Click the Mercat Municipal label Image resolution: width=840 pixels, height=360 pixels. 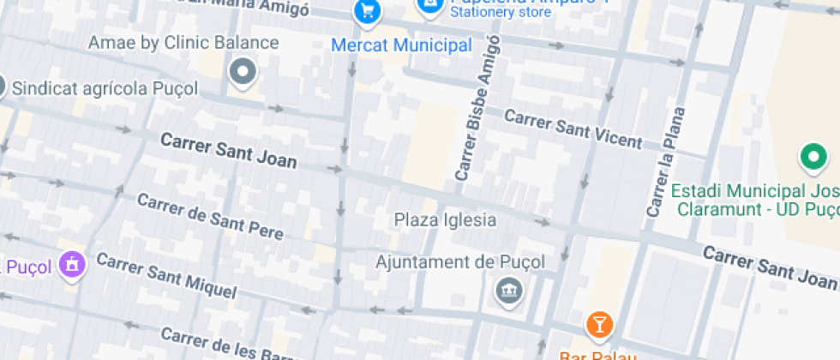pyautogui.click(x=401, y=45)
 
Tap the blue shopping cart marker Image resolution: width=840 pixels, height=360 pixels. pyautogui.click(x=367, y=11)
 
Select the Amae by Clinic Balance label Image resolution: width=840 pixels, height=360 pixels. pyautogui.click(x=183, y=43)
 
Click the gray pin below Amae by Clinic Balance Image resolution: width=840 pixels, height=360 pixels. pyautogui.click(x=243, y=73)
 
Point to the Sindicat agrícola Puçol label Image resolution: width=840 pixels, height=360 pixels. pyautogui.click(x=105, y=88)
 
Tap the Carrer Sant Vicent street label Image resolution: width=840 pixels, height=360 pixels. pyautogui.click(x=573, y=129)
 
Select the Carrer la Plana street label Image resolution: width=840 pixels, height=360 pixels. pyautogui.click(x=666, y=162)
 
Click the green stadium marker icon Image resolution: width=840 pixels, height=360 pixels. pyautogui.click(x=812, y=158)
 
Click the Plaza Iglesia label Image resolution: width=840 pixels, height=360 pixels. pyautogui.click(x=445, y=220)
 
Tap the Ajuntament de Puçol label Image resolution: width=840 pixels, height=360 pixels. pyautogui.click(x=460, y=262)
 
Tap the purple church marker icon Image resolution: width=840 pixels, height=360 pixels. pyautogui.click(x=72, y=265)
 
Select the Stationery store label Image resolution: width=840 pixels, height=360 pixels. pyautogui.click(x=501, y=13)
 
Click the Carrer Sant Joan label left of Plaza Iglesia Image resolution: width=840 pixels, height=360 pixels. pyautogui.click(x=229, y=150)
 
